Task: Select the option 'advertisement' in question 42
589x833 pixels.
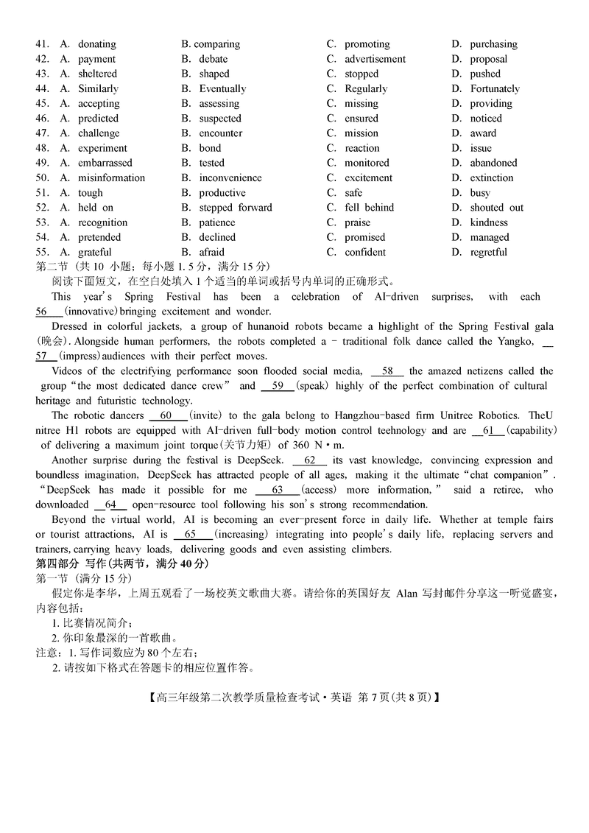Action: click(x=375, y=59)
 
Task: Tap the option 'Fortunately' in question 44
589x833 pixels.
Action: click(x=495, y=88)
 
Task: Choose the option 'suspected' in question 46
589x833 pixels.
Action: click(x=219, y=118)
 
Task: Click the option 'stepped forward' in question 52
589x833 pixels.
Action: click(x=235, y=208)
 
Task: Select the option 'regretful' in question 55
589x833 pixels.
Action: click(x=489, y=252)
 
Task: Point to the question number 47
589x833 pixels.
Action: click(x=42, y=133)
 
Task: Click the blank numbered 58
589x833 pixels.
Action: click(x=387, y=371)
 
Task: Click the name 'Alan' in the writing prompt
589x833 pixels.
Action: click(x=407, y=594)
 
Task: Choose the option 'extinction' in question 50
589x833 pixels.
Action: click(x=492, y=178)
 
